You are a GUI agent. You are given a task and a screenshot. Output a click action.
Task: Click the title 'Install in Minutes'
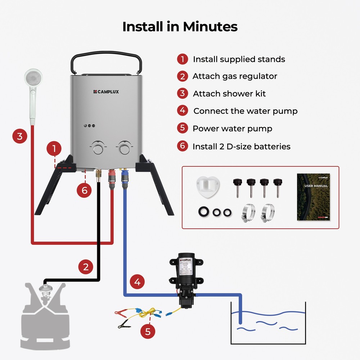pos(180,27)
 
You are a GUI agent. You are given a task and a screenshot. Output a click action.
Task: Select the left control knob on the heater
pos(97,148)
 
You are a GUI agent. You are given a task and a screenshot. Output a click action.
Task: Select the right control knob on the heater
pos(125,148)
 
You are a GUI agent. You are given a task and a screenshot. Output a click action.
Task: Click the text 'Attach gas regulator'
pos(235,76)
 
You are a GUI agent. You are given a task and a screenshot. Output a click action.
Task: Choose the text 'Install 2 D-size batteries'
pos(241,147)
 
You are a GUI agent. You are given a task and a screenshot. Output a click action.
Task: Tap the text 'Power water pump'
pos(232,129)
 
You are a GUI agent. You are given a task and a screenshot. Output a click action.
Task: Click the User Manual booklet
pos(313,197)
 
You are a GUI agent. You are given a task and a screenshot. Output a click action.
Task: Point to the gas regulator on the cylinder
pos(45,290)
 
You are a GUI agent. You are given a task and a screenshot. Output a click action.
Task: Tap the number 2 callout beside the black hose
pos(86,267)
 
